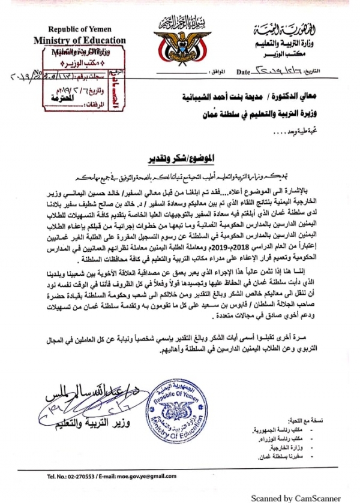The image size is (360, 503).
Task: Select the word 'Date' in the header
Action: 244,73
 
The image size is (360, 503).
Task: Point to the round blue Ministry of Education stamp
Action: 178,412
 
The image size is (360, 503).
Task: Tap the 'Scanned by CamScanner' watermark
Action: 295,498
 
